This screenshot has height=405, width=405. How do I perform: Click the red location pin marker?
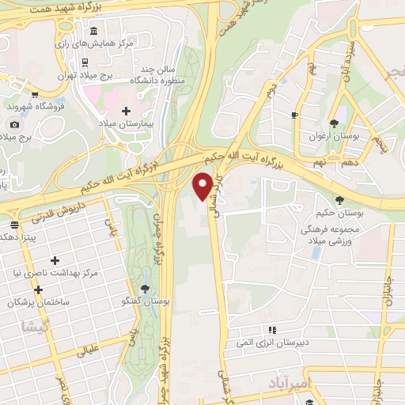coord(203,187)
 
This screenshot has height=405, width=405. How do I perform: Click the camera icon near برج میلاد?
coord(13,124)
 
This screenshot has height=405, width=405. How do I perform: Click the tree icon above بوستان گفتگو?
coord(144,289)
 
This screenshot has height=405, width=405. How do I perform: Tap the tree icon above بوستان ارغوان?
coord(335,123)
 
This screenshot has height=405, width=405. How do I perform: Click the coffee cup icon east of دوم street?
coord(294,115)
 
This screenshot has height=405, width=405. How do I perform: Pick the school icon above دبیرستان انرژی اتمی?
coord(271,330)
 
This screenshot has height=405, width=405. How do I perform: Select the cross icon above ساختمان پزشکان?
coord(37,290)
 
